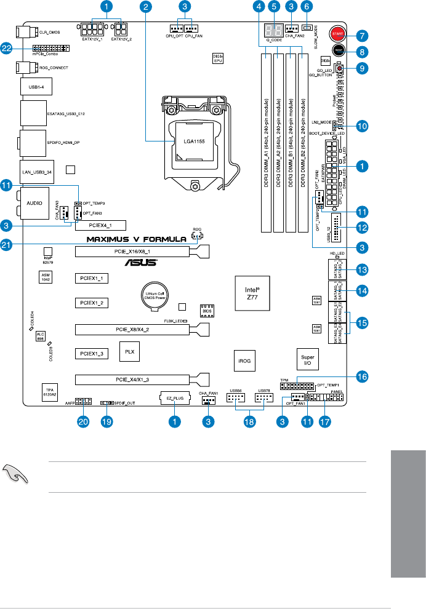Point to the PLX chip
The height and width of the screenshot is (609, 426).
[129, 353]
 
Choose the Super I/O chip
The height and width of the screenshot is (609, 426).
[307, 359]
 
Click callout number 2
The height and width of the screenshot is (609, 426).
[146, 7]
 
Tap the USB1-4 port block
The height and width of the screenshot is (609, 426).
[36, 87]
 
